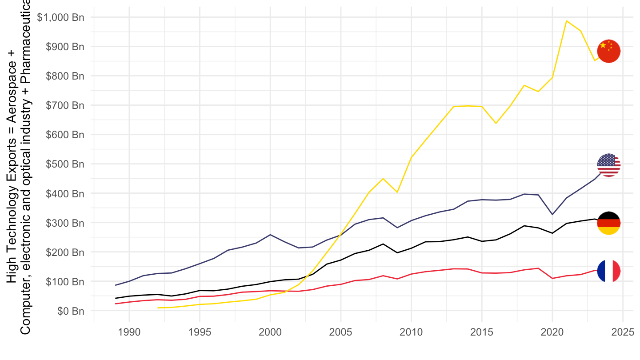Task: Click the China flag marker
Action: pos(608,51)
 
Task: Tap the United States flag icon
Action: pos(608,165)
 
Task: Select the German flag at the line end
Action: pos(608,223)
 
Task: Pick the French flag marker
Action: pos(608,271)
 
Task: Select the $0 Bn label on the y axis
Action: pos(71,311)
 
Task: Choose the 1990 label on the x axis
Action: pos(129,332)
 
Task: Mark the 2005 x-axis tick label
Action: pos(340,332)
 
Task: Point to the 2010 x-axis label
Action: pos(411,332)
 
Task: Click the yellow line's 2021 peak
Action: pos(566,20)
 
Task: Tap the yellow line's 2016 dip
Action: pos(496,123)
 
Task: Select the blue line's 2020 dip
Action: pos(552,215)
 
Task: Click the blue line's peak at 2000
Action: pos(270,235)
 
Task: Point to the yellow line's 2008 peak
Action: pos(383,179)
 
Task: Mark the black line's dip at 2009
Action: pos(397,253)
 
